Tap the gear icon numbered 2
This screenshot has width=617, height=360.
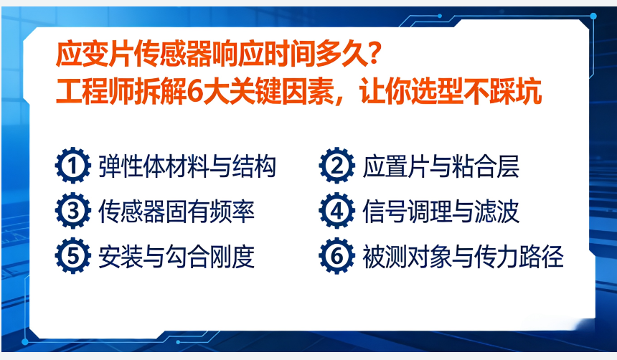[x=336, y=167]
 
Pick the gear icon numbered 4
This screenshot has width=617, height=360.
[x=336, y=212]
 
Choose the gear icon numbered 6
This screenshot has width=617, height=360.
[x=336, y=257]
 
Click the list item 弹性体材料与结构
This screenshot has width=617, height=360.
[x=187, y=167]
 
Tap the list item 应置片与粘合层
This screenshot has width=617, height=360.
[x=440, y=167]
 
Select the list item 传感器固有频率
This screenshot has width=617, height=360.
[x=176, y=212]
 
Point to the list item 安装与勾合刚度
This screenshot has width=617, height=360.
[x=176, y=257]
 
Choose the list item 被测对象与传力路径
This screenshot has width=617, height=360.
[x=463, y=257]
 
